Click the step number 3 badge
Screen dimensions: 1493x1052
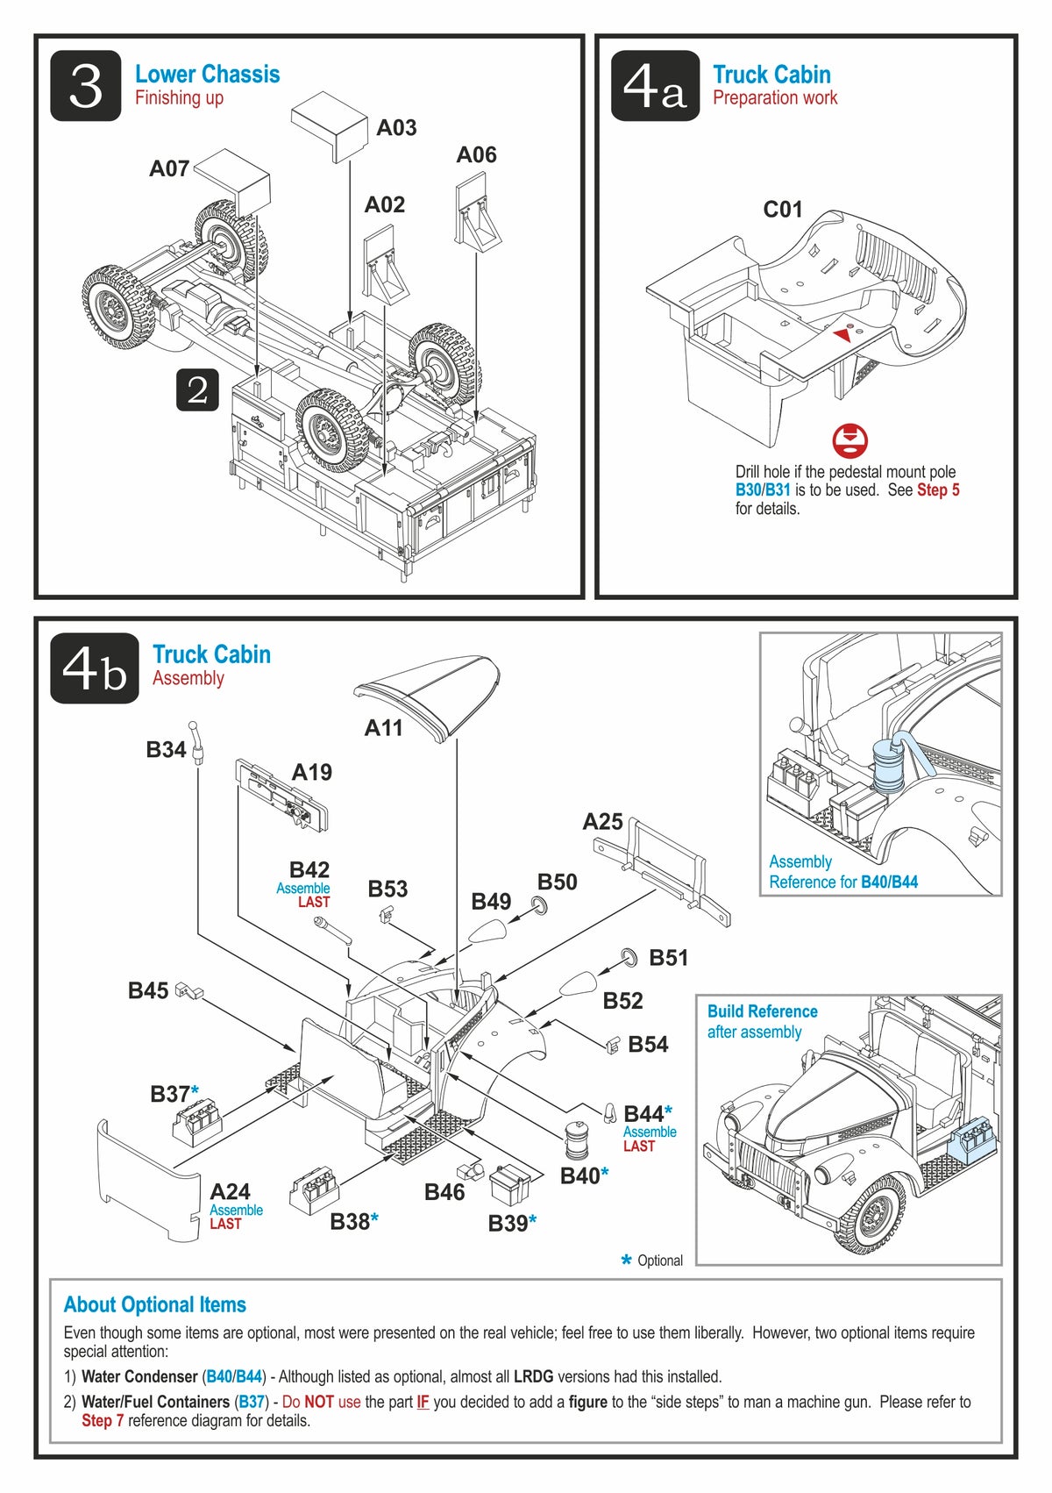(x=85, y=86)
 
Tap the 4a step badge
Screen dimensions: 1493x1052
(x=655, y=86)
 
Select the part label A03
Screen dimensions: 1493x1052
(x=396, y=128)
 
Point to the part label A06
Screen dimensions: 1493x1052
(x=476, y=155)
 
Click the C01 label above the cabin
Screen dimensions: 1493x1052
(x=783, y=210)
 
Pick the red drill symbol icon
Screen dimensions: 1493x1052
(x=849, y=440)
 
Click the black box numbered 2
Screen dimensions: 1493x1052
(x=197, y=389)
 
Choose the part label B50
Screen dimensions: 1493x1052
(x=558, y=882)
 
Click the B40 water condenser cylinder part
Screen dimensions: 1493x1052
(x=576, y=1141)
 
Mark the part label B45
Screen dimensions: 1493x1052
(x=147, y=991)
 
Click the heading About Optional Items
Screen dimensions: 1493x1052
(x=155, y=1304)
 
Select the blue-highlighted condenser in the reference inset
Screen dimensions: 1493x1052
(x=889, y=766)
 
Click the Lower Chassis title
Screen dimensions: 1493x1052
(x=207, y=75)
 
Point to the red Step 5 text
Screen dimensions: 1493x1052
(x=938, y=490)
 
